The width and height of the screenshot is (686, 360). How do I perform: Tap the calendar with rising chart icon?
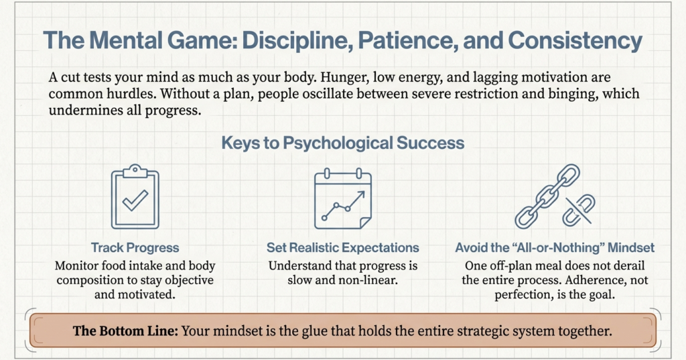pos(342,198)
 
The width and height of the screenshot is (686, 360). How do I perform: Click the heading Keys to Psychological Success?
pos(342,143)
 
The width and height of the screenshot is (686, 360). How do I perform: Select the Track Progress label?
pos(135,248)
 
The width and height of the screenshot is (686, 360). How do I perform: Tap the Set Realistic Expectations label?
pos(342,248)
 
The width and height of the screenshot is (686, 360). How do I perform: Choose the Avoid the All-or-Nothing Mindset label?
pos(555,248)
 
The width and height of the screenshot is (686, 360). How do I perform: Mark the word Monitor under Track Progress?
pos(80,265)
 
